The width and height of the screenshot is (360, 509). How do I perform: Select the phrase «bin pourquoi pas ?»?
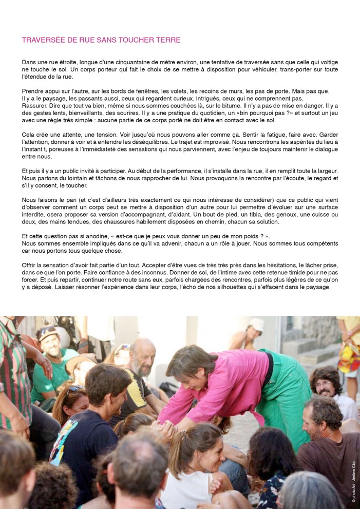[275, 112]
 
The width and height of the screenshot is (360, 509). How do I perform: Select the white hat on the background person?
[256, 325]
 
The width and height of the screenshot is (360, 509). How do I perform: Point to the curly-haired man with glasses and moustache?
[324, 383]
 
